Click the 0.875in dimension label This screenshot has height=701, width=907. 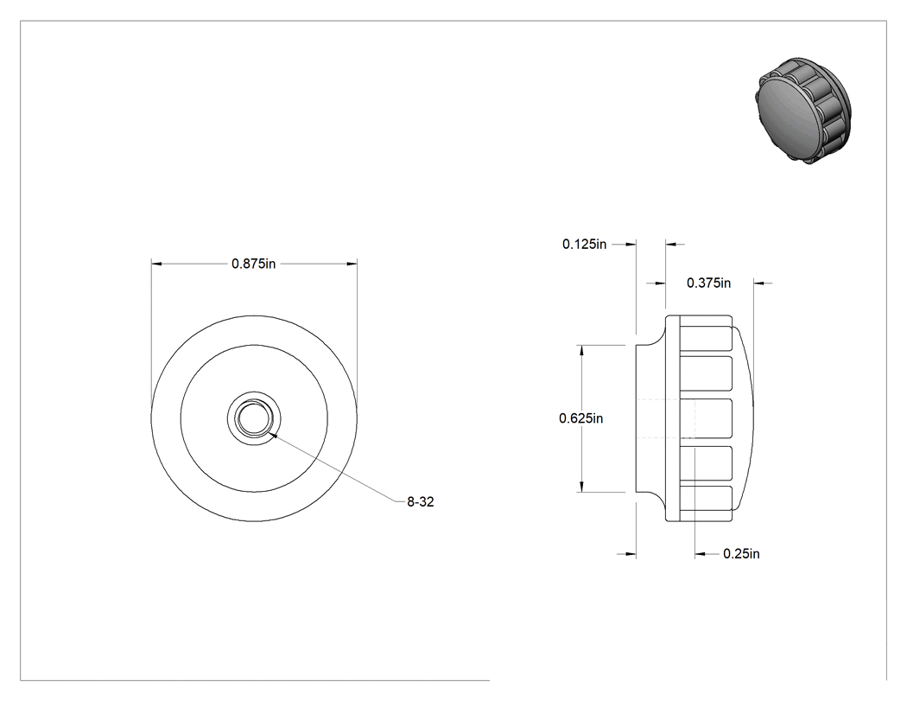[x=253, y=264]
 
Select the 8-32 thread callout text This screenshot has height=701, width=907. [x=420, y=502]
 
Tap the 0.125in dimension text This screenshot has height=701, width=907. [x=584, y=245]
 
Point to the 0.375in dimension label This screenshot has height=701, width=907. [x=708, y=283]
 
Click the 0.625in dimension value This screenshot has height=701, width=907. [x=580, y=418]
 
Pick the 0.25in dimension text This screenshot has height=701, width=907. [x=741, y=554]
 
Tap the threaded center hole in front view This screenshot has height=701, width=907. [x=254, y=417]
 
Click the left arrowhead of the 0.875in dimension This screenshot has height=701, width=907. [x=156, y=264]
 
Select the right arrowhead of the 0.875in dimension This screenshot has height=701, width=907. [x=352, y=264]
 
